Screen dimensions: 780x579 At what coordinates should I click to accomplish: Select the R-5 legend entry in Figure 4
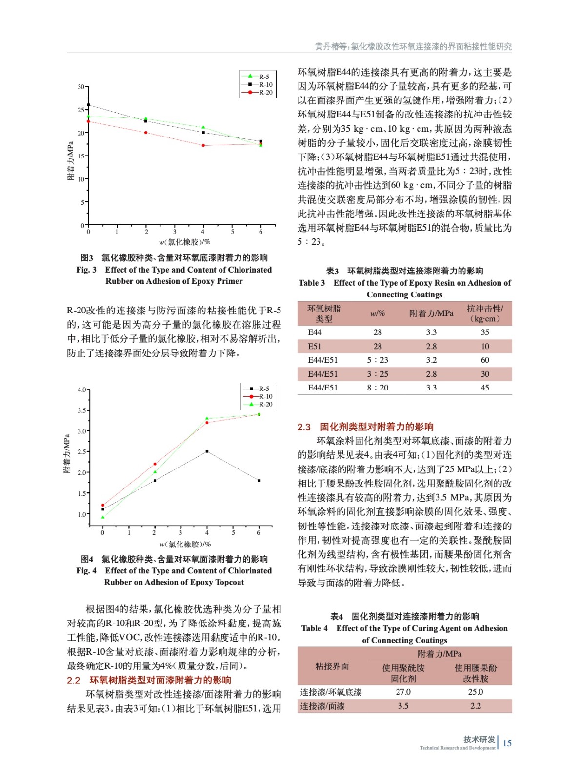(264, 389)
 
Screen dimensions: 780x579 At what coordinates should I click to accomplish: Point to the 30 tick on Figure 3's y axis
(81, 87)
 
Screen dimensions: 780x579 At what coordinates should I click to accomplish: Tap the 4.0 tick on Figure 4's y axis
(82, 390)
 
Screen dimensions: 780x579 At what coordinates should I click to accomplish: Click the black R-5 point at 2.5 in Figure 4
(207, 451)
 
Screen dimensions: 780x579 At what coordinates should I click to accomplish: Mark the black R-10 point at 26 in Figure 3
(88, 105)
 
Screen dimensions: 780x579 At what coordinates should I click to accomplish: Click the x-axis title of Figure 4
(185, 544)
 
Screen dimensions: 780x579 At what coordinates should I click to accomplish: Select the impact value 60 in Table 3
(485, 360)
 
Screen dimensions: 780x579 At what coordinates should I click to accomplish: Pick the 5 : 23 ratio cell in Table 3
(378, 360)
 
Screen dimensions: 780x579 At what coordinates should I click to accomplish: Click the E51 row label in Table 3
(315, 346)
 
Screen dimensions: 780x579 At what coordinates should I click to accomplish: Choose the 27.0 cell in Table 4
(403, 692)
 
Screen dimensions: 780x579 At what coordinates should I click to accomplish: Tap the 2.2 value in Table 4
(476, 706)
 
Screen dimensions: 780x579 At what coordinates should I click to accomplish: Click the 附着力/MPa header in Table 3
(431, 313)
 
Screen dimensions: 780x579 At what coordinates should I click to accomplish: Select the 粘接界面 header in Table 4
(332, 666)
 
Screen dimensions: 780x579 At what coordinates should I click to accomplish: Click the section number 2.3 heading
(304, 427)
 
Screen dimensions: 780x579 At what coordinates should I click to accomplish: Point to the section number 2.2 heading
(73, 680)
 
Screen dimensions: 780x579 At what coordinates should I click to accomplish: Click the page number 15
(507, 743)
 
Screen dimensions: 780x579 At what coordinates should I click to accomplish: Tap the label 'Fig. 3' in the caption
(86, 270)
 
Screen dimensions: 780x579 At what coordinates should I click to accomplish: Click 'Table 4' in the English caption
(315, 628)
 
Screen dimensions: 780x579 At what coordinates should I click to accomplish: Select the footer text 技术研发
(479, 739)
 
